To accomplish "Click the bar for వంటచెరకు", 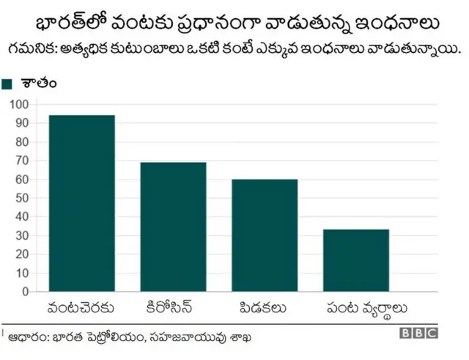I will click(81, 203).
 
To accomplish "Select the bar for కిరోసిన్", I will click(173, 227).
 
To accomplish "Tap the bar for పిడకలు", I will click(265, 235).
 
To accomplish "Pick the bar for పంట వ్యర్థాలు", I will click(356, 260).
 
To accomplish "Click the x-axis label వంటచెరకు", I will click(81, 306).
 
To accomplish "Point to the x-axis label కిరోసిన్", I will click(173, 306).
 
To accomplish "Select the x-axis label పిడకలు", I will click(265, 306).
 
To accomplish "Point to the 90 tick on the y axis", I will click(22, 123).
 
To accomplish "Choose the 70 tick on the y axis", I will click(22, 161).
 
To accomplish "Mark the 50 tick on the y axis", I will click(22, 198).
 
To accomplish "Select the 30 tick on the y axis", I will click(22, 235).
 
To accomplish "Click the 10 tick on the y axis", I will click(22, 273).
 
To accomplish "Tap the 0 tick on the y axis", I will click(25, 291).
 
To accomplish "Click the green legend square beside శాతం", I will click(8, 84).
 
